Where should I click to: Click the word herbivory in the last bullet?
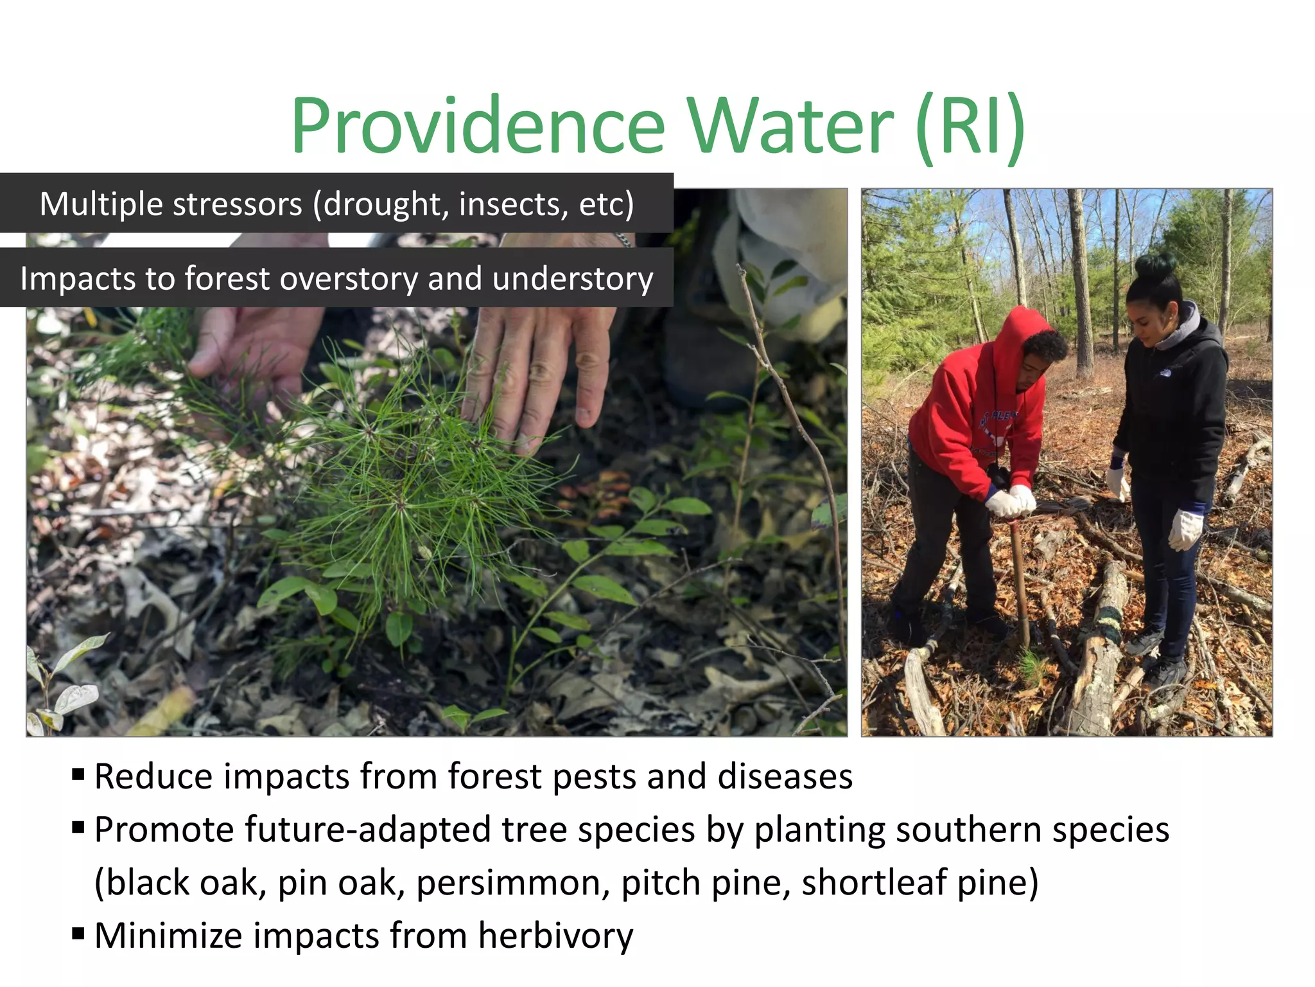pos(555,936)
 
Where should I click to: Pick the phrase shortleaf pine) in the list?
pos(919,883)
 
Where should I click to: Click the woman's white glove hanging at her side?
pos(1185,528)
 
